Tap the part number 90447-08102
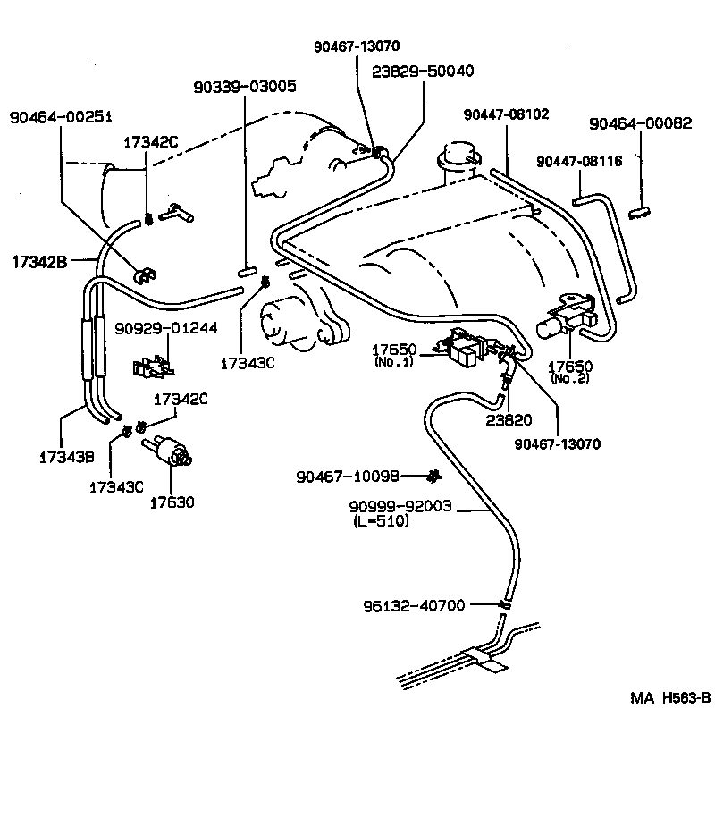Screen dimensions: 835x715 [x=507, y=114]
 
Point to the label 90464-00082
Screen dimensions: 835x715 [x=641, y=124]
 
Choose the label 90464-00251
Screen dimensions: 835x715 [x=61, y=118]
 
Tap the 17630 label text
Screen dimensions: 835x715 [x=172, y=503]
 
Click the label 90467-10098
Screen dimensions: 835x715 [x=348, y=476]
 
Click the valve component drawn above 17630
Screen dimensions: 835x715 [x=172, y=450]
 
